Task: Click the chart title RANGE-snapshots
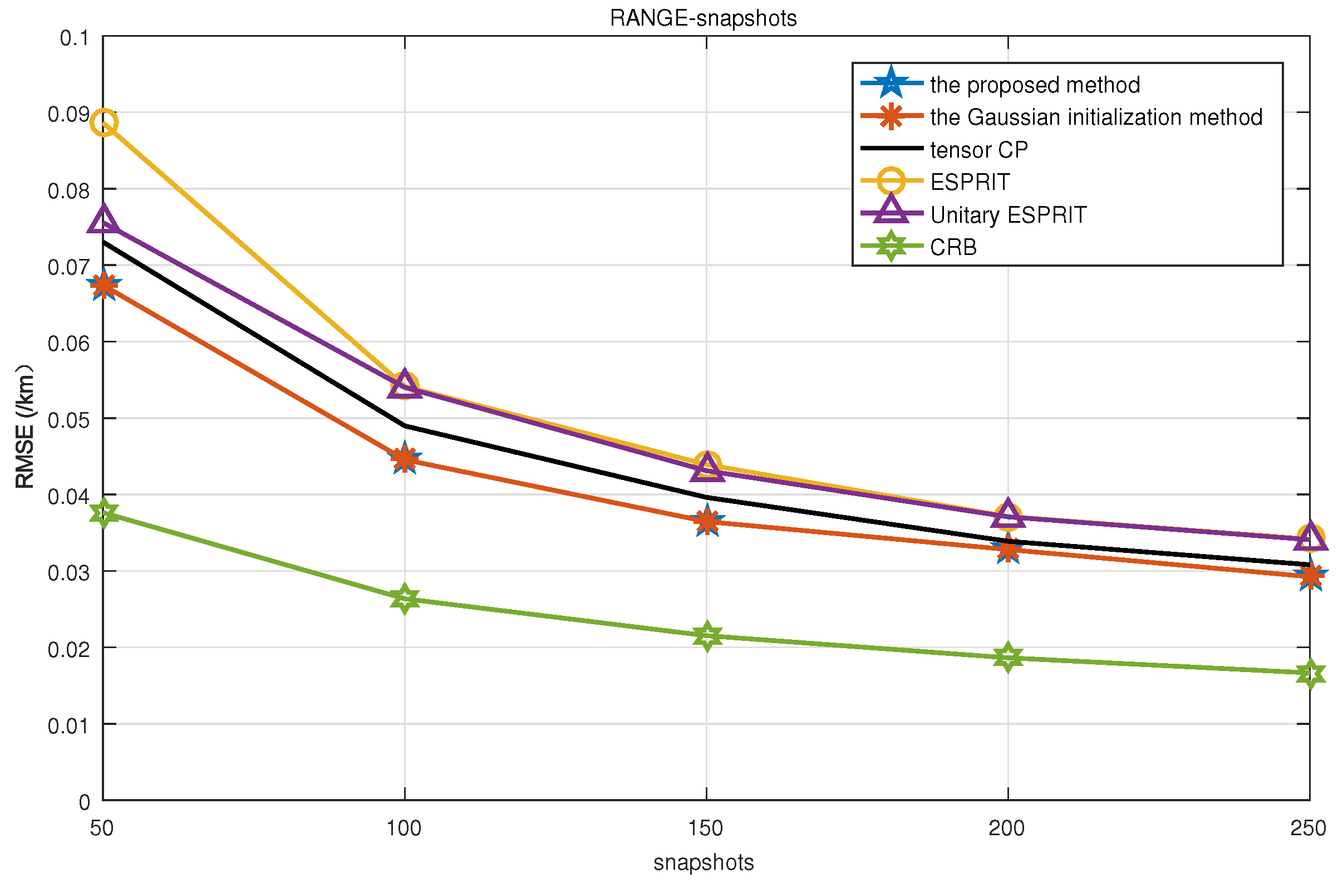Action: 703,18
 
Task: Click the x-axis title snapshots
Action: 703,863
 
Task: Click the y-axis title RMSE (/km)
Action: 24,427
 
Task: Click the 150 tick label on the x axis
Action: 706,829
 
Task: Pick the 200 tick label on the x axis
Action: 1007,829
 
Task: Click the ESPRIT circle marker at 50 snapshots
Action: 104,122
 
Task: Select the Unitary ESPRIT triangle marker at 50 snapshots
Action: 104,220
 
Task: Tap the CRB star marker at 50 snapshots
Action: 104,513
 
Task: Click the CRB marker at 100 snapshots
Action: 405,599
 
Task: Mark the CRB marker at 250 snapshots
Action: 1310,673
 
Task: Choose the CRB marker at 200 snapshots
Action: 1008,658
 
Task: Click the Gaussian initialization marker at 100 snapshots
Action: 405,459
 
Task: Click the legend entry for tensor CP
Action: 978,150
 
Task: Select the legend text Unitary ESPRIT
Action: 1007,215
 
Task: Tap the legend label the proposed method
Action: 1035,85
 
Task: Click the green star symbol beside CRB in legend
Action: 891,246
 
